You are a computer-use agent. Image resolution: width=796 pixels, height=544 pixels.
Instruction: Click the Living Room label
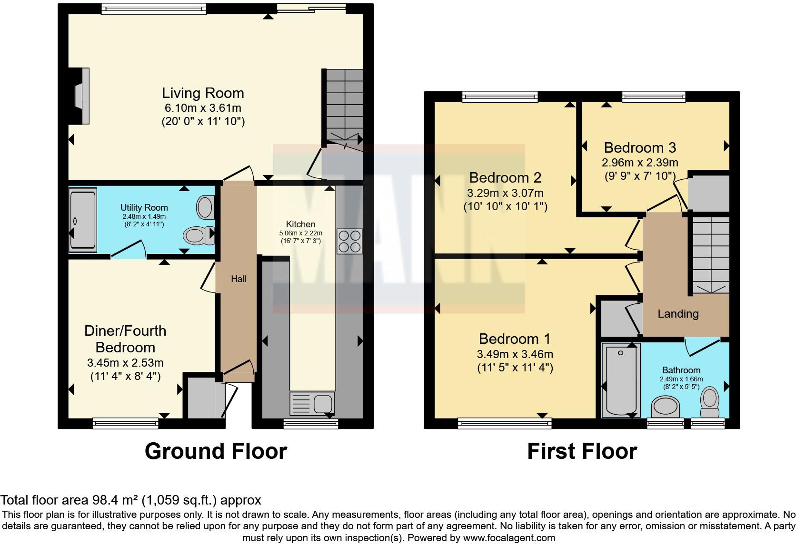click(203, 93)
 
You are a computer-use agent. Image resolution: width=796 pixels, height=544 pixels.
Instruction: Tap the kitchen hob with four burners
click(349, 241)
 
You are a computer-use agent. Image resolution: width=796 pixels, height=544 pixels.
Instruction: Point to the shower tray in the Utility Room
click(83, 219)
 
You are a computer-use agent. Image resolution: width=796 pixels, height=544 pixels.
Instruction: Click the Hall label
click(239, 279)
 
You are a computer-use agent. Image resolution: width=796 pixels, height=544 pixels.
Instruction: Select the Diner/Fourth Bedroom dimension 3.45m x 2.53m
click(125, 363)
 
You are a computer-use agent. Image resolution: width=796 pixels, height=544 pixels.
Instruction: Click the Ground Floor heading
click(216, 451)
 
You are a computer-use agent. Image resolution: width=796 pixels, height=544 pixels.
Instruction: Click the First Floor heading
click(582, 451)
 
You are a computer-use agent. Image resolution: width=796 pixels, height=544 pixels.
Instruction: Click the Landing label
click(678, 314)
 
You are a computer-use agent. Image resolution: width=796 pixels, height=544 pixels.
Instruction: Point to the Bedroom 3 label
click(640, 147)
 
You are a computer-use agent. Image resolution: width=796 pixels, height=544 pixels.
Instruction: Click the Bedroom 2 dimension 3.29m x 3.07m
click(505, 193)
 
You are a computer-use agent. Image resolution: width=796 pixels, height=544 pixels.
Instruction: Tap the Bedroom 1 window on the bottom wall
click(505, 421)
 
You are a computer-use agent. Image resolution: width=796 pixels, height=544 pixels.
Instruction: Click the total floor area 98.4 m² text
click(130, 500)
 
